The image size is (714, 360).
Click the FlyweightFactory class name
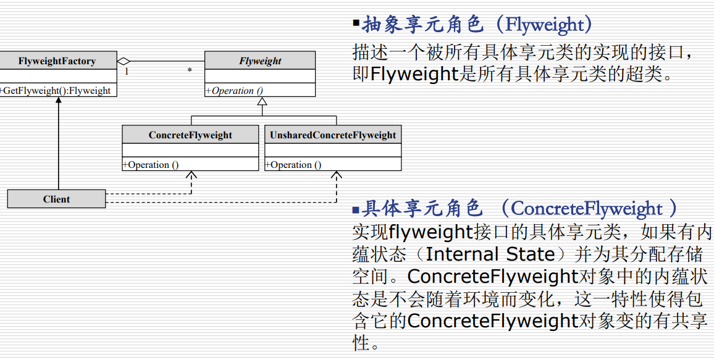pos(57,61)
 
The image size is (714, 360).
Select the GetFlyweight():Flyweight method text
pos(57,91)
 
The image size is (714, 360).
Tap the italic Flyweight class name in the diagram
pos(260,61)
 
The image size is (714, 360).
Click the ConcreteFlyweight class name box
pos(190,135)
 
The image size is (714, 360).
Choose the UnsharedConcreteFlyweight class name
pos(333,135)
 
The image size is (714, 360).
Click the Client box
pos(57,199)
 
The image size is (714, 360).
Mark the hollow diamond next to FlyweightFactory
pos(124,61)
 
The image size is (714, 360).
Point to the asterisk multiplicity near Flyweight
pos(190,71)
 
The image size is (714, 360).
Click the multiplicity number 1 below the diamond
pos(127,72)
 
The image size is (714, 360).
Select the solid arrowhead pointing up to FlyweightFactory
pos(59,103)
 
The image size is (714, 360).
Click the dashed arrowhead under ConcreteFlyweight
pos(191,175)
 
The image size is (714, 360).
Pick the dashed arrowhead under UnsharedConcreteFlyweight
pos(336,175)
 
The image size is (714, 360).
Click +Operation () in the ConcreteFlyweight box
pos(151,165)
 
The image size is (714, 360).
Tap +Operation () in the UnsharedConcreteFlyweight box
pos(293,165)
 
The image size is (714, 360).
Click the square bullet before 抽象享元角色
pos(356,23)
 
